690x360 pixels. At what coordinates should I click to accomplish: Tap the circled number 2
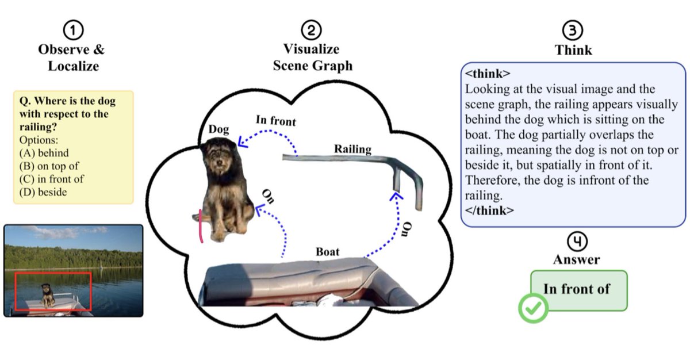click(312, 30)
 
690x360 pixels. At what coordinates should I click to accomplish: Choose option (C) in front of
click(51, 178)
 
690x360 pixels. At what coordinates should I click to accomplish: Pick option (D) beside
click(43, 192)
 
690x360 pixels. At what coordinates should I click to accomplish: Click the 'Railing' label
click(352, 149)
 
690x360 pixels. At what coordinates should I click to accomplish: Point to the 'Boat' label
click(327, 251)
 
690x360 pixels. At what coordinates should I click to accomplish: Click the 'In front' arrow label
click(275, 121)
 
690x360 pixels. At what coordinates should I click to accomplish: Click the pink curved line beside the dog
click(201, 225)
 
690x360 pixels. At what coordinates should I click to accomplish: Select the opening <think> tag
click(488, 74)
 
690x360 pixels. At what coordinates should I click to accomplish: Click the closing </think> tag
click(490, 210)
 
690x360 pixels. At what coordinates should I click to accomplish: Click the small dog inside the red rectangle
click(48, 294)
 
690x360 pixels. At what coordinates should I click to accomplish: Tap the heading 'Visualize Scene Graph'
click(312, 57)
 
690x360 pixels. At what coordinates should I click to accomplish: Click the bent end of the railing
click(412, 173)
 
